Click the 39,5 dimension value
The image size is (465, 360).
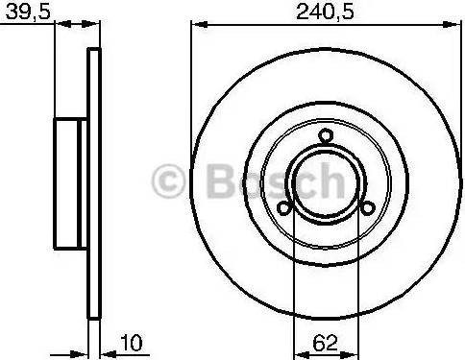28,12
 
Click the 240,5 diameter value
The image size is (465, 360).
325,12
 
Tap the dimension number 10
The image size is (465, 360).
132,343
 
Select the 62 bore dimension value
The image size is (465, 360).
325,343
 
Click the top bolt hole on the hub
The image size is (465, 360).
326,135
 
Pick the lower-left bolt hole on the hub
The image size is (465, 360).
283,208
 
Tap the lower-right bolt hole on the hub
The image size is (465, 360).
368,208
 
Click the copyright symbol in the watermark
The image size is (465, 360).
168,181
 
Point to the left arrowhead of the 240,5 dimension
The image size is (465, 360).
199,24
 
